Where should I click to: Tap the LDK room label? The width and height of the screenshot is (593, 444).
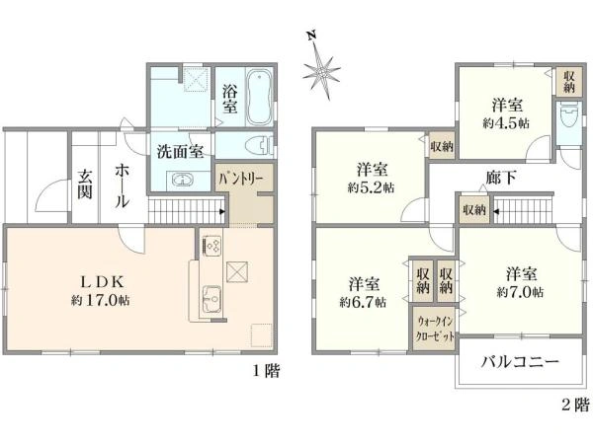coord(87,278)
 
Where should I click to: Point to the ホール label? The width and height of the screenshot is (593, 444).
coord(121,185)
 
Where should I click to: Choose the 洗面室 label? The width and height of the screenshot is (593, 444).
coord(180,153)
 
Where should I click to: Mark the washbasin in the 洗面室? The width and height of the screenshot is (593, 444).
coord(185,181)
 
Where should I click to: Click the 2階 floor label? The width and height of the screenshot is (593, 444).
coord(574,405)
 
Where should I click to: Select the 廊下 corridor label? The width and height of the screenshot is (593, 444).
coord(502,178)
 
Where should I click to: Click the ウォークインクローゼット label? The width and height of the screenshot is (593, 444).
coord(435,329)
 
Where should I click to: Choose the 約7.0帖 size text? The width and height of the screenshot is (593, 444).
coord(523,292)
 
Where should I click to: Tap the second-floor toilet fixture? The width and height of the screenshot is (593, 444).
coord(566,122)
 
